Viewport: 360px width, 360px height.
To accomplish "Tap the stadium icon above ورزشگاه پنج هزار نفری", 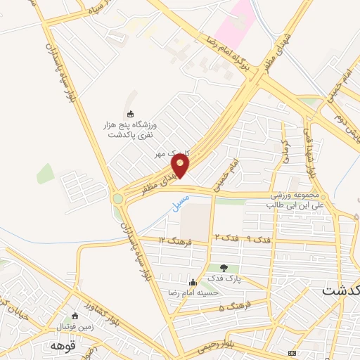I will tap(129, 114).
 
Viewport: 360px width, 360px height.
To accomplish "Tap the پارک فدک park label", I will tap(224, 278).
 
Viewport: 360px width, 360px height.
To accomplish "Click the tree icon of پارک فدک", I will tap(224, 268).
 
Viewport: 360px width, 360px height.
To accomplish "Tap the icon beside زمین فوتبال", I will tap(76, 316).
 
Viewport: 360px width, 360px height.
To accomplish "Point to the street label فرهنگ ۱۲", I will tap(172, 240).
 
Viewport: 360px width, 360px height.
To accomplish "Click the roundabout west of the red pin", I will tap(118, 199).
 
